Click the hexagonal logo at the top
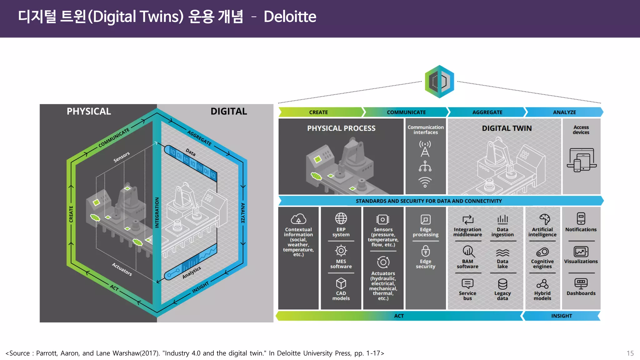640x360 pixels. coord(439,82)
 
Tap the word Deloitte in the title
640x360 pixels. coord(290,17)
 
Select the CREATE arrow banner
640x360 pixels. coord(319,112)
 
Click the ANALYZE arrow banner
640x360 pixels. coord(564,112)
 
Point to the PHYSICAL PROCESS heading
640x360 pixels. coord(341,128)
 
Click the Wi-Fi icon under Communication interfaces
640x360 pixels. coord(425,182)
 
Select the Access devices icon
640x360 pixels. coord(581,160)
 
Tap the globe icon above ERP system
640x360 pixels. coord(341,218)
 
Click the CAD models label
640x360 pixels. coord(341,296)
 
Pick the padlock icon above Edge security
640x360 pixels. coord(425,251)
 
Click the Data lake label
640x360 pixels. coord(502,264)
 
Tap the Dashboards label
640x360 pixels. coord(581,293)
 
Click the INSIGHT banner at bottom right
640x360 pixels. coord(562,316)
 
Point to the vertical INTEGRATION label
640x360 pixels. coord(157,212)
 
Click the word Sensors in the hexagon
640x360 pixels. coord(121,157)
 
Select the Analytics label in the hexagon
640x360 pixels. coord(192,273)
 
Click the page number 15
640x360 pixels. coord(630,353)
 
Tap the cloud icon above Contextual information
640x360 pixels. coord(298,219)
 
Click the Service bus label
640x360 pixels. coord(467,296)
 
